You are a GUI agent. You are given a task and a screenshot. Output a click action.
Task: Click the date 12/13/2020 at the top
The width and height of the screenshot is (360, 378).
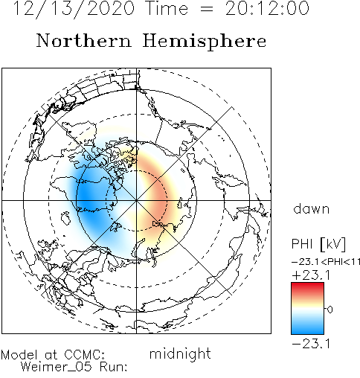click(74, 9)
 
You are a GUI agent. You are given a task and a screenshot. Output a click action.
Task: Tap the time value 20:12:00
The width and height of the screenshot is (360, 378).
click(267, 8)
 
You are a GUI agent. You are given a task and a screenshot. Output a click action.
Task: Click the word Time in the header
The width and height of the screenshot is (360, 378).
click(167, 8)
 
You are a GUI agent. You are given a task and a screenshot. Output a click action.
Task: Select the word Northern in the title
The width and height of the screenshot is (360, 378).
click(84, 41)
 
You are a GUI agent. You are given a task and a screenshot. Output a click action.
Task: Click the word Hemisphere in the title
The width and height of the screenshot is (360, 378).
click(205, 42)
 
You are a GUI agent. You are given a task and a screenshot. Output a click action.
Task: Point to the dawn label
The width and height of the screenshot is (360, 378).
click(312, 209)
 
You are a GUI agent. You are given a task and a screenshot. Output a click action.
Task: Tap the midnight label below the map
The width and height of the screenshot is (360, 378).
click(180, 354)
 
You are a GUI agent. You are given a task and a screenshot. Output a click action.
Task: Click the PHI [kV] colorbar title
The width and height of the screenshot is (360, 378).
click(318, 244)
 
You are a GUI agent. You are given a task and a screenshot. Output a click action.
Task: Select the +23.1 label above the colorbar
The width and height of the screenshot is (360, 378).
click(311, 275)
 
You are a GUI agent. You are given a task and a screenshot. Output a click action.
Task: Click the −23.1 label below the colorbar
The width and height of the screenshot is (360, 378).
click(311, 344)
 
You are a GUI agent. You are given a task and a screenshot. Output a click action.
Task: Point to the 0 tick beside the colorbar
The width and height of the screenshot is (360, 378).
click(330, 310)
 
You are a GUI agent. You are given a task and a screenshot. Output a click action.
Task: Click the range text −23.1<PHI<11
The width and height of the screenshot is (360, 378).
click(326, 262)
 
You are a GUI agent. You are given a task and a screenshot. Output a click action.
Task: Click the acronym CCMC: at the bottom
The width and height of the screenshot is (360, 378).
click(84, 355)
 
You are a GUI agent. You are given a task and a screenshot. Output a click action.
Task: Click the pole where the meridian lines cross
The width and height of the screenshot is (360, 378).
click(136, 200)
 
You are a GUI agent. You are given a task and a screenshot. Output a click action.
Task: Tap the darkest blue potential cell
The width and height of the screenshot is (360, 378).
click(87, 196)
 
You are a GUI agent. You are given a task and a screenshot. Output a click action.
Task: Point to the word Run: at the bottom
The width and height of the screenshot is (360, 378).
click(114, 367)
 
